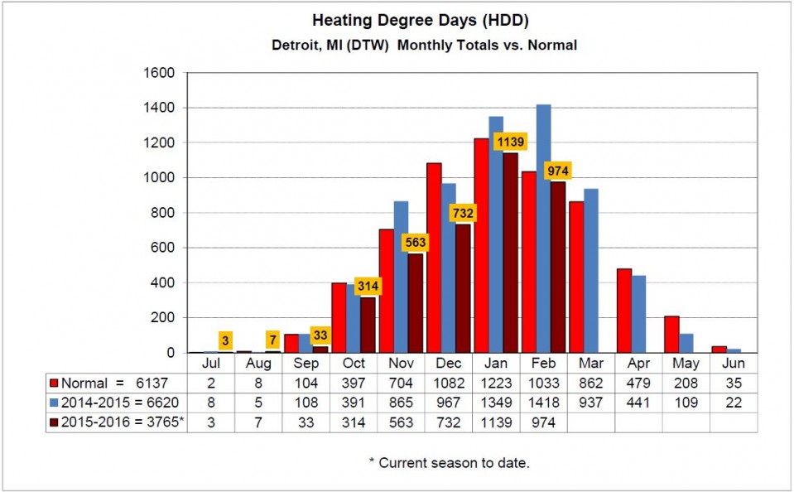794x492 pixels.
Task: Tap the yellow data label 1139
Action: click(x=511, y=142)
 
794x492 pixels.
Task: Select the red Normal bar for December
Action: click(x=434, y=258)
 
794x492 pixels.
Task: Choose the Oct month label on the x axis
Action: click(x=354, y=363)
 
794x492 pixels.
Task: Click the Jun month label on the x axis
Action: click(x=734, y=363)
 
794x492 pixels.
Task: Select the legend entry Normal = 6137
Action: click(x=98, y=383)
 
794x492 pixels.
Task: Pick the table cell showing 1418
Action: click(x=543, y=403)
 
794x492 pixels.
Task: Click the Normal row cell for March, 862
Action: click(x=591, y=383)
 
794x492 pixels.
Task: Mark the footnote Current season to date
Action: click(x=449, y=463)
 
